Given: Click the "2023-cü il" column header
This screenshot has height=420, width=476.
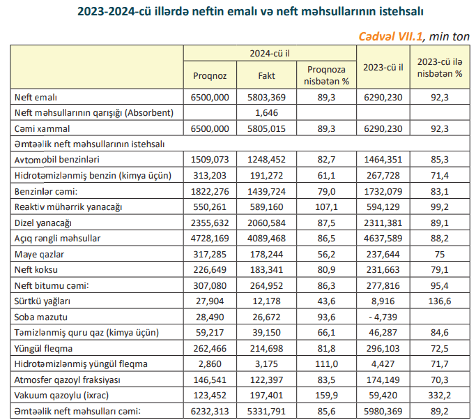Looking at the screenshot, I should pos(383,68).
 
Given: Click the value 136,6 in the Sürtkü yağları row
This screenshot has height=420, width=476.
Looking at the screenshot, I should pos(440,301).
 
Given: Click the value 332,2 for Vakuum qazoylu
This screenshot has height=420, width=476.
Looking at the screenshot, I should pos(440,396).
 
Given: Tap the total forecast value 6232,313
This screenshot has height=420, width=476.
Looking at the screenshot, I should pos(210,411).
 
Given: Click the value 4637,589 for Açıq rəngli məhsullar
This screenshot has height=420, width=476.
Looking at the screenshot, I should pos(383,239).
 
